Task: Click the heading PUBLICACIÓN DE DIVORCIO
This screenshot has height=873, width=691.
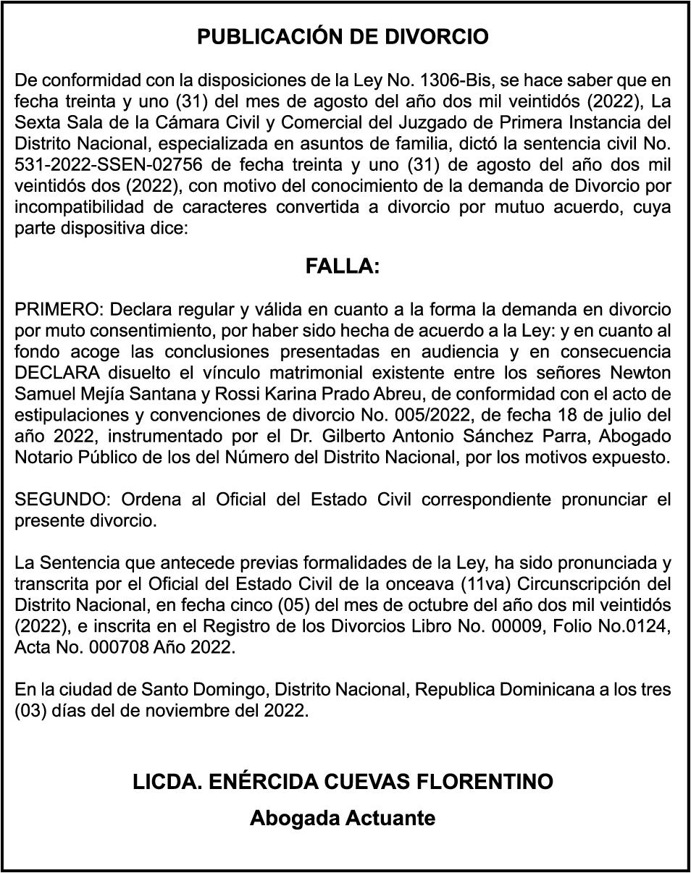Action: (x=343, y=38)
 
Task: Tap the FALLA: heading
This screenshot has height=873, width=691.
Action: (x=343, y=267)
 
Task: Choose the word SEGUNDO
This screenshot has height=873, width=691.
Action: (x=63, y=499)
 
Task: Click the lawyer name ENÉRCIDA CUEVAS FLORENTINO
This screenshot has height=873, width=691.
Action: (x=343, y=782)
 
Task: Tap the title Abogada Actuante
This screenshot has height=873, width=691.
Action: (x=343, y=819)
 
